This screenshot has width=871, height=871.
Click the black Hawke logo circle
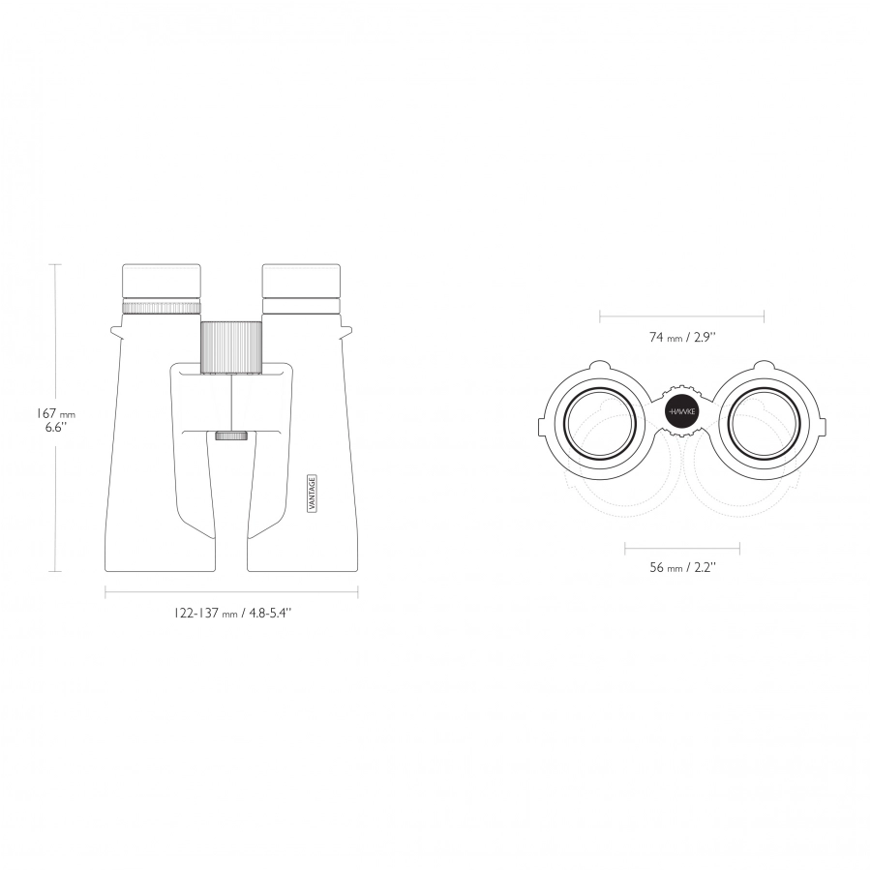682,411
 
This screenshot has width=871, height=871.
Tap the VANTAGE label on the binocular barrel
313,494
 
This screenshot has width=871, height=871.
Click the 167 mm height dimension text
55,414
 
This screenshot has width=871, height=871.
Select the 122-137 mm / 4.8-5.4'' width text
231,614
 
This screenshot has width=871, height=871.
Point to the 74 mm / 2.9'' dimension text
682,337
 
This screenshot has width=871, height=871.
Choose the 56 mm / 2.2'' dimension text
682,567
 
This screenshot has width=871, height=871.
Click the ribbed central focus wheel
231,347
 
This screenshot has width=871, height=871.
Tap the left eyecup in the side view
161,282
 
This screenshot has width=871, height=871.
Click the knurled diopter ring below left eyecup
161,307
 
